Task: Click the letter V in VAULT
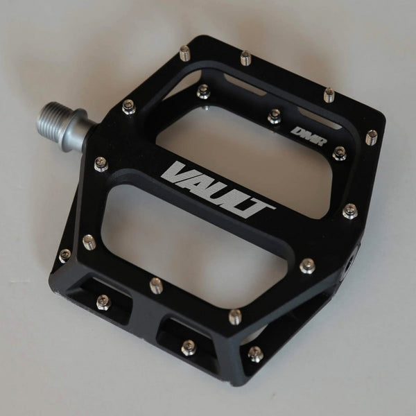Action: click(176, 173)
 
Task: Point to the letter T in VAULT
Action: click(256, 209)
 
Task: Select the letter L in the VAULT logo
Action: click(238, 201)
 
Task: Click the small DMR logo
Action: click(309, 137)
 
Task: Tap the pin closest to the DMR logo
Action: click(339, 154)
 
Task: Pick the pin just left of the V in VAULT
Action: click(101, 164)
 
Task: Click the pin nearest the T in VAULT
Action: click(307, 266)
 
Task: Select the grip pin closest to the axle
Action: click(129, 107)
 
